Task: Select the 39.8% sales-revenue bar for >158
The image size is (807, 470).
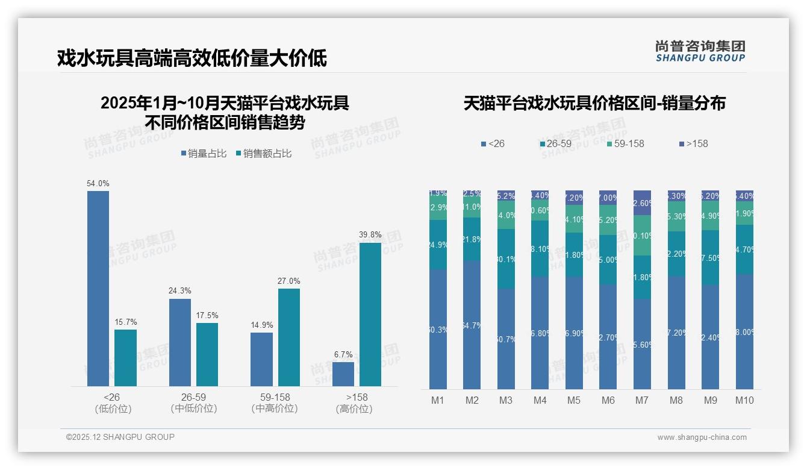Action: (x=370, y=314)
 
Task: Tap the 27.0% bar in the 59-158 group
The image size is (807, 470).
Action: (x=289, y=337)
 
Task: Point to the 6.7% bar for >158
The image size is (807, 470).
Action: (x=343, y=374)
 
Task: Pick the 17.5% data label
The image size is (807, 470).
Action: (x=207, y=315)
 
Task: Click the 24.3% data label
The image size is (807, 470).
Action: (x=179, y=291)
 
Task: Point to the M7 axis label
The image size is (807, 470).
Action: (x=642, y=400)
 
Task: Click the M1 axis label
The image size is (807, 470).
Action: (x=438, y=400)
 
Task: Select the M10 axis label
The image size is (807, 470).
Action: (x=744, y=400)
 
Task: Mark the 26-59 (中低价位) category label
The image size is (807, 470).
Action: (x=193, y=403)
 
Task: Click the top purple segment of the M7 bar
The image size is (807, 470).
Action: (x=643, y=202)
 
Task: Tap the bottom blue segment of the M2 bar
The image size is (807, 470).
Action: (x=472, y=325)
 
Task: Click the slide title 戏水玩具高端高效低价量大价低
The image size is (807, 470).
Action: (x=192, y=58)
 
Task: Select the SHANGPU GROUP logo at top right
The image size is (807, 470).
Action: (x=700, y=51)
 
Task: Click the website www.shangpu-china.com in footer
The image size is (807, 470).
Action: (x=702, y=437)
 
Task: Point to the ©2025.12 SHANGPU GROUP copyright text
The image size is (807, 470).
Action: (x=120, y=437)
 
